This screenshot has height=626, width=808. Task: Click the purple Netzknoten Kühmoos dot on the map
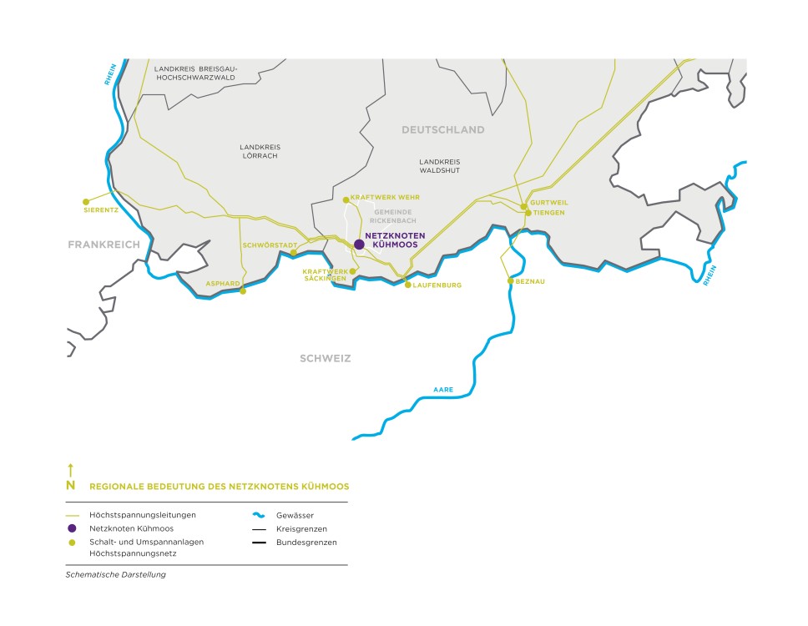(359, 245)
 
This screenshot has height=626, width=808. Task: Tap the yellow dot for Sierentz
(85, 201)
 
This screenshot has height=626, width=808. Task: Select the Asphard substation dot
(243, 291)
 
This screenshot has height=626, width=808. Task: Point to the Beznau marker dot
(510, 281)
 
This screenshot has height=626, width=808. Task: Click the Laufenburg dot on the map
(407, 285)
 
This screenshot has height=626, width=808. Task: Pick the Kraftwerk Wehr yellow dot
(346, 199)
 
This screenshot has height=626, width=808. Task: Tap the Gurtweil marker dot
(523, 205)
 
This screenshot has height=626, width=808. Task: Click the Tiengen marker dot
(528, 213)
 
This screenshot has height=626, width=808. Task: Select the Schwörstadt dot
(293, 253)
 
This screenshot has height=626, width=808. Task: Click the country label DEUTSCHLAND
(442, 130)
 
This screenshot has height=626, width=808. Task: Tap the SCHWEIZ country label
(326, 359)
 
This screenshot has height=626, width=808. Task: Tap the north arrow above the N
(71, 470)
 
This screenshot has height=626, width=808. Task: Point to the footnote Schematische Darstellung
(115, 574)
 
